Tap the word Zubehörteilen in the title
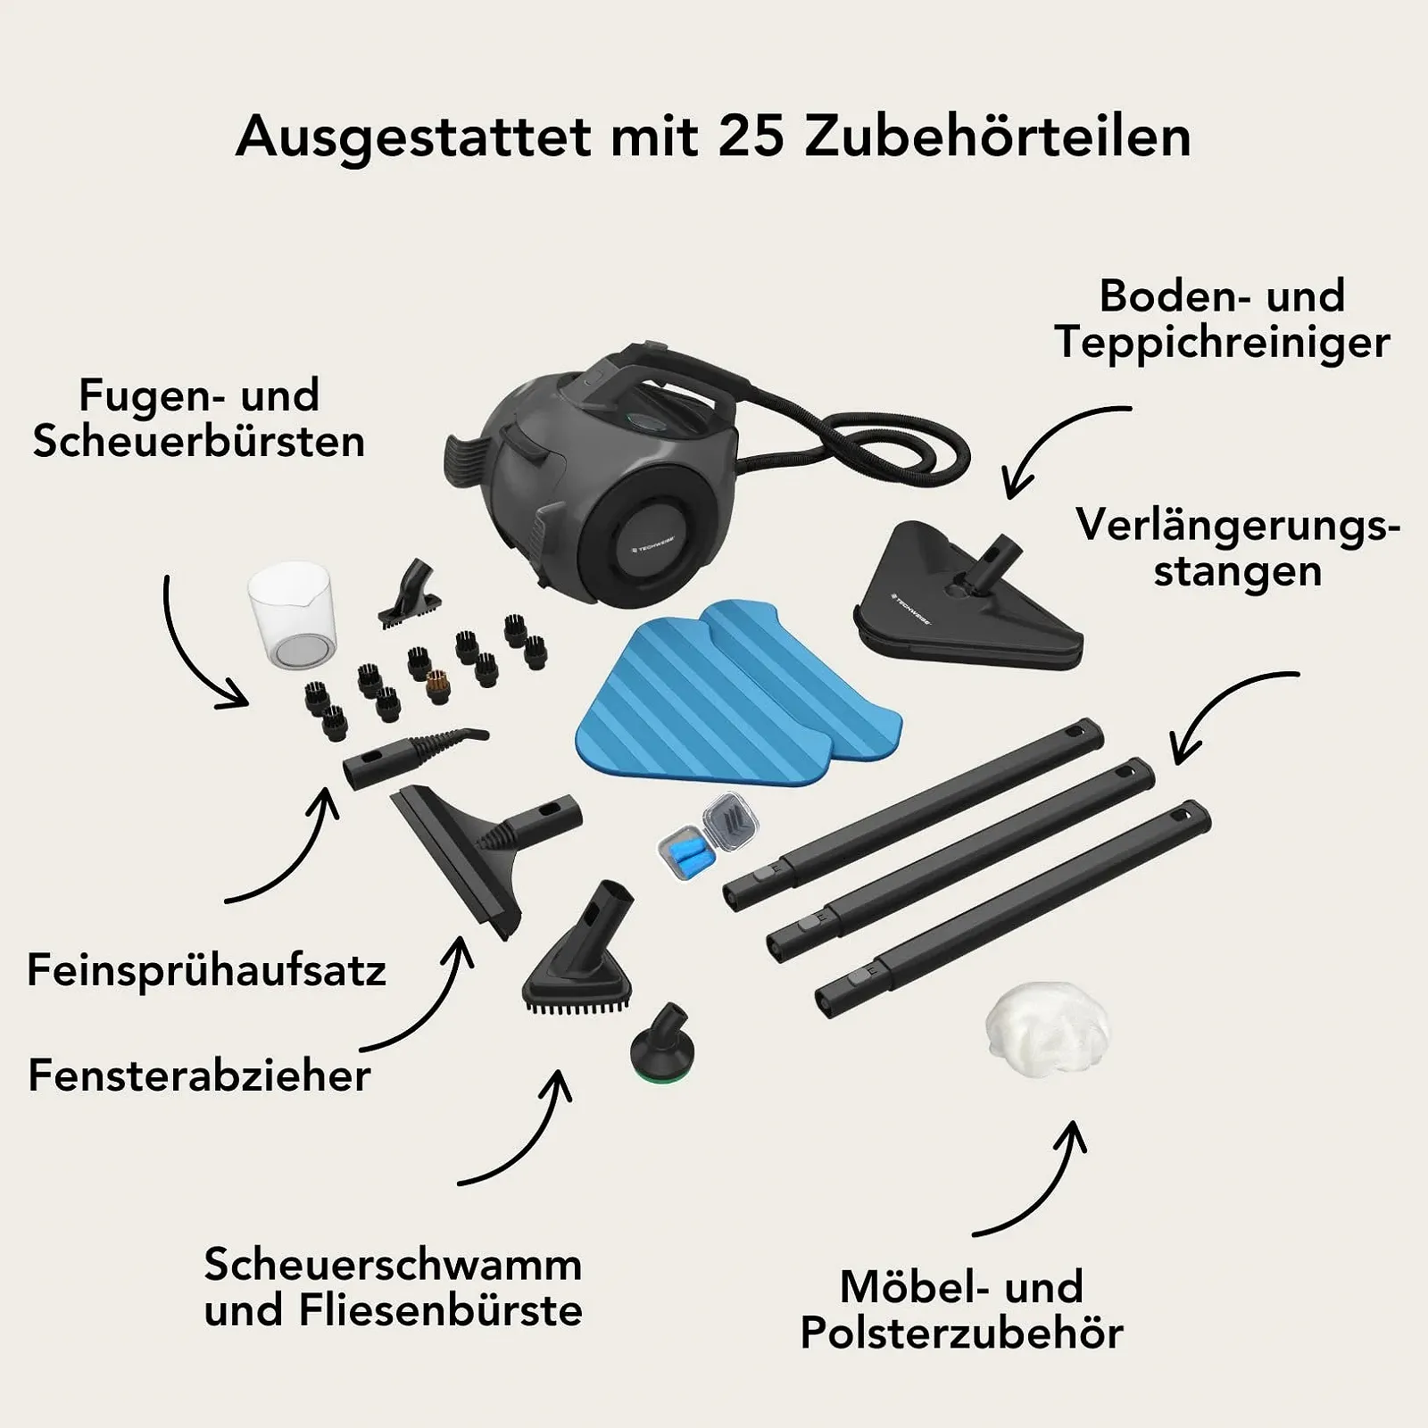pyautogui.click(x=998, y=137)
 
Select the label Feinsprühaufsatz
pyautogui.click(x=206, y=970)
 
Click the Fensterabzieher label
pyautogui.click(x=199, y=1075)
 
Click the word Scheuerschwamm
pyautogui.click(x=393, y=1265)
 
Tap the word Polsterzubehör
pyautogui.click(x=961, y=1333)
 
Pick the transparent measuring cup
pyautogui.click(x=289, y=616)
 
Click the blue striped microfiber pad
pyautogui.click(x=736, y=692)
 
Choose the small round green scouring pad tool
pyautogui.click(x=660, y=1048)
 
